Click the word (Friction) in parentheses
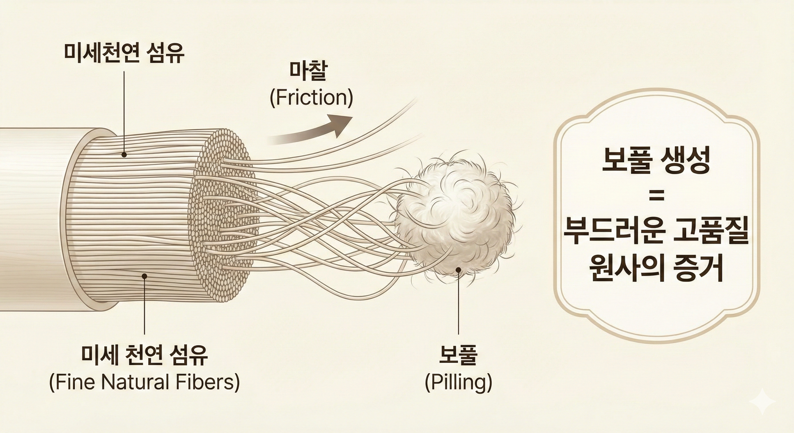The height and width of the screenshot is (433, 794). coord(311,98)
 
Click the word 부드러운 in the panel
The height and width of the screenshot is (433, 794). coord(612,233)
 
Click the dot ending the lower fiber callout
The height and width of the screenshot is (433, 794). coord(144,277)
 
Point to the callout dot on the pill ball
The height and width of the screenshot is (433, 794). coord(458,270)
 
